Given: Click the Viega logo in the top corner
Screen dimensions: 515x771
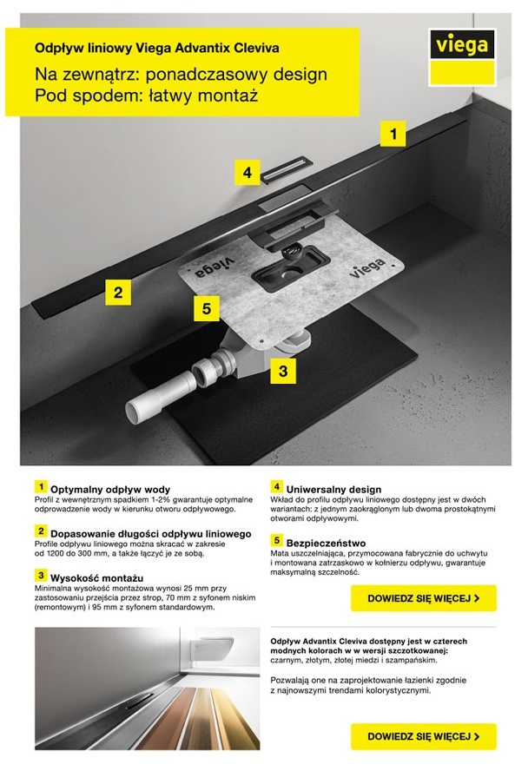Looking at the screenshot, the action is pyautogui.click(x=462, y=57).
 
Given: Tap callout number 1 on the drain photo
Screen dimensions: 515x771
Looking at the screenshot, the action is pyautogui.click(x=393, y=134).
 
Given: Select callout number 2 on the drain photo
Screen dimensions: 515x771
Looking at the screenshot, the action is pyautogui.click(x=118, y=293).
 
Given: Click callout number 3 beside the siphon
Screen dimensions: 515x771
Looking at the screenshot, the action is pyautogui.click(x=283, y=371).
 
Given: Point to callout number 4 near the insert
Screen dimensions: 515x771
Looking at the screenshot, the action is pyautogui.click(x=248, y=173).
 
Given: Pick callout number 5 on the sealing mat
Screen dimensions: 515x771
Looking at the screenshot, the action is pyautogui.click(x=207, y=308).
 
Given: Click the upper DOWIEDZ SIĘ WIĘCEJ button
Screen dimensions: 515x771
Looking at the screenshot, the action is pyautogui.click(x=424, y=598).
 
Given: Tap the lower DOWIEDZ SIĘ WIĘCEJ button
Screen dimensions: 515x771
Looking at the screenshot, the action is pyautogui.click(x=424, y=736).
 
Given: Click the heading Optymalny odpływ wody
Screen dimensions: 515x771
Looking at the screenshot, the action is pyautogui.click(x=110, y=489).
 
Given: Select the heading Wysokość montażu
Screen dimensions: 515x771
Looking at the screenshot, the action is pyautogui.click(x=97, y=577).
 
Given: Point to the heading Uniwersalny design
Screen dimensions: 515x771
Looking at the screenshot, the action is pyautogui.click(x=334, y=489).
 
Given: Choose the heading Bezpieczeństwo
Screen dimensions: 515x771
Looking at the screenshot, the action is pyautogui.click(x=327, y=543).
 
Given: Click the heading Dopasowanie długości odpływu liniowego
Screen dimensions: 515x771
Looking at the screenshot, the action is pyautogui.click(x=151, y=533).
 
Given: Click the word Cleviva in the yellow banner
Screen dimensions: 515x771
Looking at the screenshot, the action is pyautogui.click(x=256, y=48).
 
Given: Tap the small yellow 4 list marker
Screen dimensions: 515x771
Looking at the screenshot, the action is pyautogui.click(x=276, y=487).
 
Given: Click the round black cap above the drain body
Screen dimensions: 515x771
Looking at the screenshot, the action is pyautogui.click(x=292, y=253).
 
